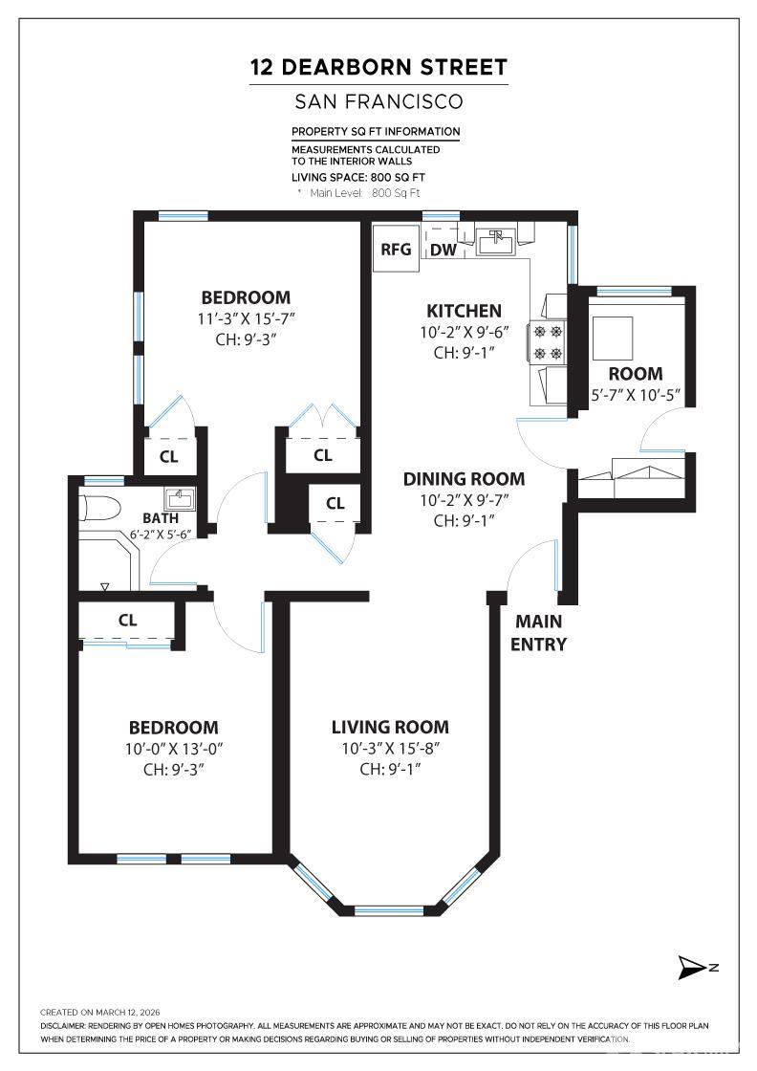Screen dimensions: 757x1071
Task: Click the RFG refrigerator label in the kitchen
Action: (x=396, y=250)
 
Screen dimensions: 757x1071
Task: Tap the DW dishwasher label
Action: (x=443, y=250)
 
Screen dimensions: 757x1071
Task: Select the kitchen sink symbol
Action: (x=496, y=242)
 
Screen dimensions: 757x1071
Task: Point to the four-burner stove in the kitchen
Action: (x=548, y=341)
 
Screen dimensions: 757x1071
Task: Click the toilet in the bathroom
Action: (x=99, y=509)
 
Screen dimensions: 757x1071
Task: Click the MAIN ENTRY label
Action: (x=538, y=632)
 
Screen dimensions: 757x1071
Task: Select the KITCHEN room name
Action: (x=465, y=311)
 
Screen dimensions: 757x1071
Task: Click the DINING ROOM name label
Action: (x=465, y=479)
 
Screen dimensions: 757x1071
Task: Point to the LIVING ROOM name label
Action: (x=390, y=727)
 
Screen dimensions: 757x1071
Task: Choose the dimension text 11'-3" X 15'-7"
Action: (x=246, y=318)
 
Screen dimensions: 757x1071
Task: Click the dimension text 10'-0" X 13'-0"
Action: (x=174, y=749)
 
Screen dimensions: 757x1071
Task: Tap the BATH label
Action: (x=162, y=518)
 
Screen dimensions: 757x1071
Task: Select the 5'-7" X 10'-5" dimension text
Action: (x=636, y=395)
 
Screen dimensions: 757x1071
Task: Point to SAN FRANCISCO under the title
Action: (x=378, y=101)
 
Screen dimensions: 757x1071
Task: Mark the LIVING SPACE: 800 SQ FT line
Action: (x=358, y=178)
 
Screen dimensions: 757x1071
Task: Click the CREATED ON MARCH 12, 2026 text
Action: (x=99, y=1013)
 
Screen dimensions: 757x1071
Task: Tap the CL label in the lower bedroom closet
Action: (x=128, y=621)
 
